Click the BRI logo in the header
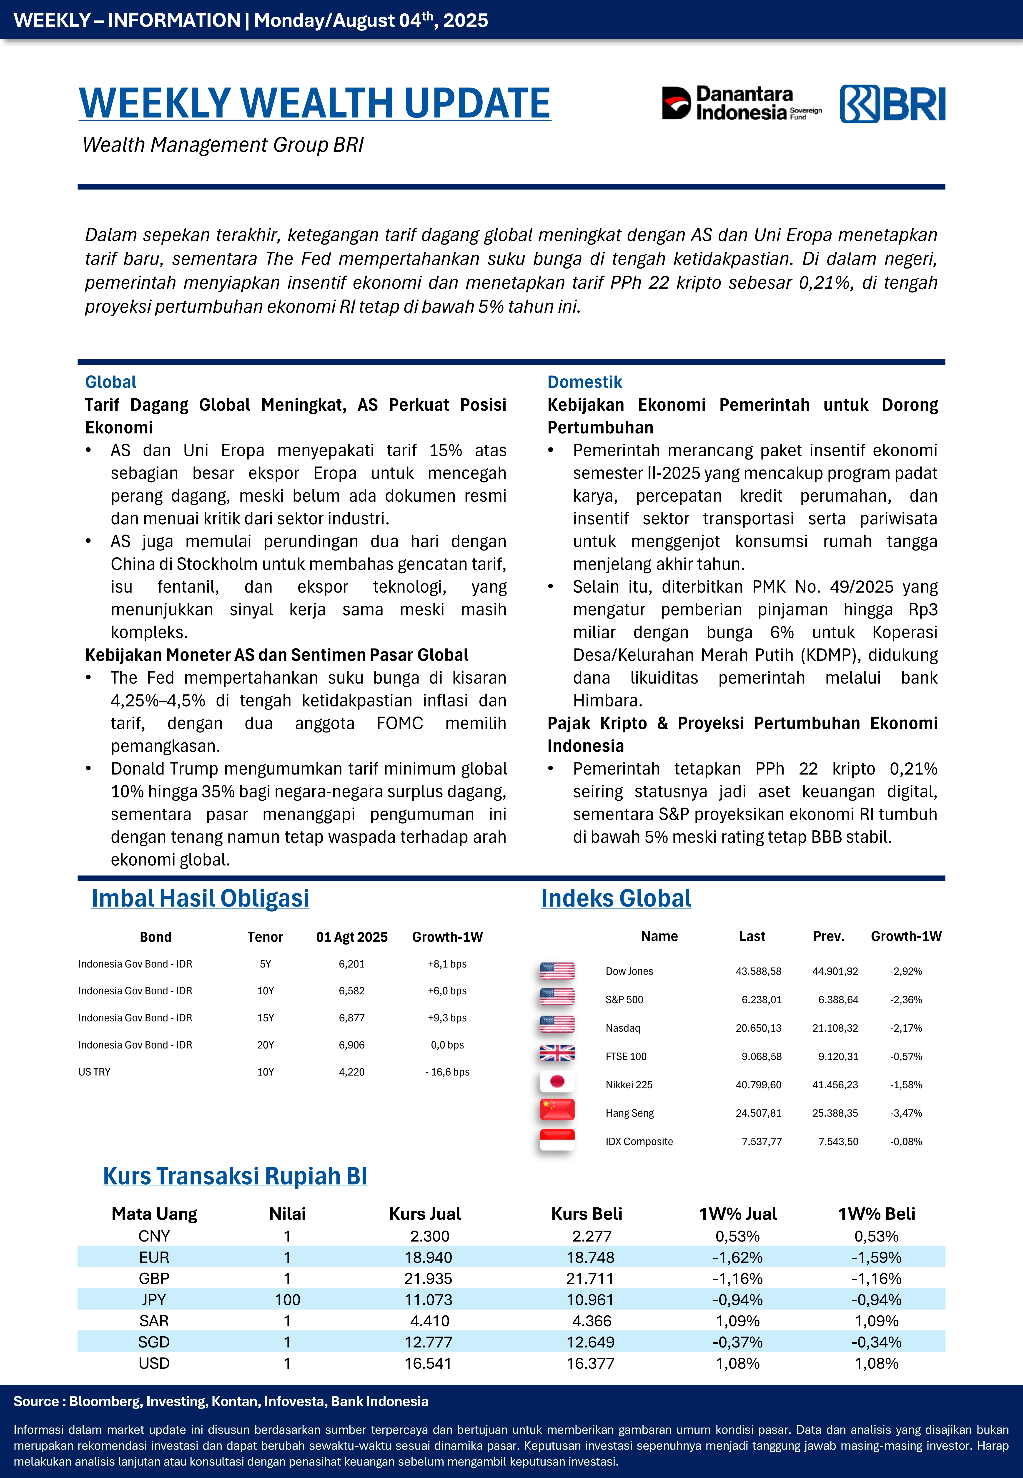[892, 104]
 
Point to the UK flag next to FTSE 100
[557, 1053]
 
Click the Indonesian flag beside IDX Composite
[557, 1139]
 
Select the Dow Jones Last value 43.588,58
[758, 971]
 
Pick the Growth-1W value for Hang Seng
[906, 1113]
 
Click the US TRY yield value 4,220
[351, 1072]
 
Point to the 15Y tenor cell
[265, 1018]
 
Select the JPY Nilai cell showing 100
[287, 1300]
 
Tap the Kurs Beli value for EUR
[590, 1257]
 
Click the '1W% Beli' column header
[876, 1214]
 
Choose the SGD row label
[154, 1342]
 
